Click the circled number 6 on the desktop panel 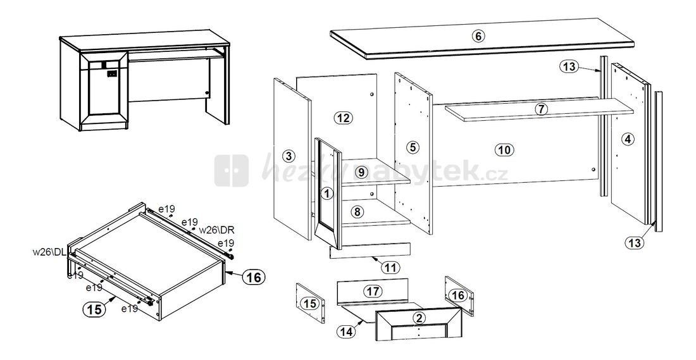(478, 36)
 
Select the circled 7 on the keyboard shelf (540, 109)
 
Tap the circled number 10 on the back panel (504, 150)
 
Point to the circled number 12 (344, 118)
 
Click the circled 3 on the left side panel (288, 156)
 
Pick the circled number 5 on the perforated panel (413, 147)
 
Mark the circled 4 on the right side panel (627, 140)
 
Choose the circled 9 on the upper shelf (361, 172)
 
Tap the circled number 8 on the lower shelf (357, 213)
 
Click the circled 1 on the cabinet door (326, 194)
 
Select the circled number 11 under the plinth (391, 268)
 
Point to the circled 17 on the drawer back (373, 291)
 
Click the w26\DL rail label (51, 252)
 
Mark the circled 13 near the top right (569, 67)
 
